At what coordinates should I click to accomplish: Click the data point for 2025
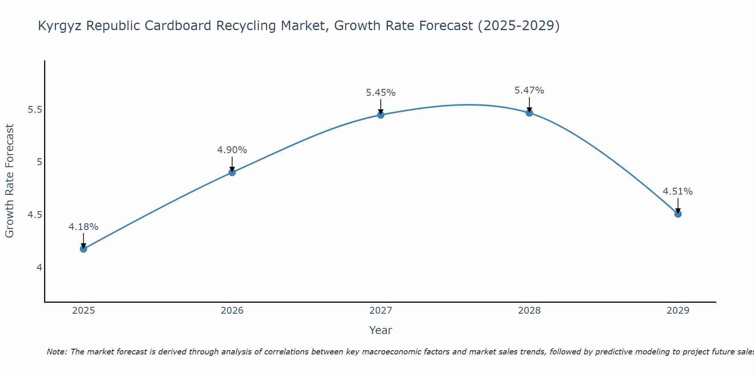pyautogui.click(x=83, y=249)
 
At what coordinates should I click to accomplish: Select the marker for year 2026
pyautogui.click(x=232, y=172)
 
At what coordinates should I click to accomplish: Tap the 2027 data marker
pyautogui.click(x=381, y=115)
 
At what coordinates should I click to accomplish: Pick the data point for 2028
pyautogui.click(x=529, y=113)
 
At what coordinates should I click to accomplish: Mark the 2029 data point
pyautogui.click(x=678, y=214)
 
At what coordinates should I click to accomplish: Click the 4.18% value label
pyautogui.click(x=83, y=227)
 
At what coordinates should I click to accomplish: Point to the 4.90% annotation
pyautogui.click(x=232, y=150)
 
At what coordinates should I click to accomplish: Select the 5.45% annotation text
pyautogui.click(x=381, y=93)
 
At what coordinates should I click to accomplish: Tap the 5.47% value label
pyautogui.click(x=529, y=90)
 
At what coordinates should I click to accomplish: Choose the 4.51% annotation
pyautogui.click(x=678, y=192)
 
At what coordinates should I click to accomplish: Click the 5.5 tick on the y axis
pyautogui.click(x=35, y=110)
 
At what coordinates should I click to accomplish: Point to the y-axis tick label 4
pyautogui.click(x=39, y=268)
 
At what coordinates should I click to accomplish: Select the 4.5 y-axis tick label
pyautogui.click(x=35, y=215)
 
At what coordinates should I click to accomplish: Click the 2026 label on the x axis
pyautogui.click(x=232, y=311)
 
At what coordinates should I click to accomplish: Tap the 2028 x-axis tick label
pyautogui.click(x=529, y=311)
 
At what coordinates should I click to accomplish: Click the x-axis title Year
pyautogui.click(x=381, y=330)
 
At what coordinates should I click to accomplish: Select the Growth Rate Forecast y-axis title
pyautogui.click(x=9, y=181)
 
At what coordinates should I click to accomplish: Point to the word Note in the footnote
pyautogui.click(x=57, y=352)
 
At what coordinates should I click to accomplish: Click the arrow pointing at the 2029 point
pyautogui.click(x=678, y=205)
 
